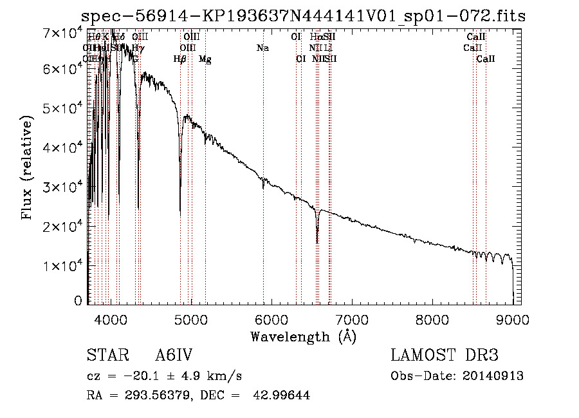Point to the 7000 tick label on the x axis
pos(351,319)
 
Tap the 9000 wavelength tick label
pos(513,319)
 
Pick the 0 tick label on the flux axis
pos(78,301)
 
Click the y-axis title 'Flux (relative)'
pos(27,168)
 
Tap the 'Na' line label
pos(262,48)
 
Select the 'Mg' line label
pos(205,59)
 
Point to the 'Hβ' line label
pos(179,59)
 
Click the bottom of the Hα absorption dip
pos(317,242)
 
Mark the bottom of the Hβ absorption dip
pos(180,214)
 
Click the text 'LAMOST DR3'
pos(445,356)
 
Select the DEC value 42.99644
pos(283,395)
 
